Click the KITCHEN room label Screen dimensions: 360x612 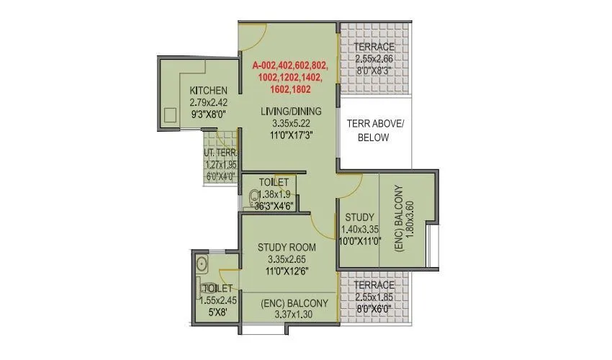209,91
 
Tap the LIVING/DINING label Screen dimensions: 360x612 292,111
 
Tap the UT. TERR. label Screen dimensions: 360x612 220,153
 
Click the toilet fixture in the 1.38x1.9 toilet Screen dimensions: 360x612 255,196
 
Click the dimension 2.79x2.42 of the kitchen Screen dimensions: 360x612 209,102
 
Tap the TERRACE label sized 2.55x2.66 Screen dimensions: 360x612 374,48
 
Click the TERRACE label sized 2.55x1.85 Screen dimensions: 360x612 374,285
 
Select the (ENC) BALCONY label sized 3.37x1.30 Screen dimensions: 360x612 294,303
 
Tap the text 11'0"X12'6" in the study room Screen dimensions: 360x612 287,271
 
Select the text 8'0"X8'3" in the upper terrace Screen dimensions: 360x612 374,71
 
